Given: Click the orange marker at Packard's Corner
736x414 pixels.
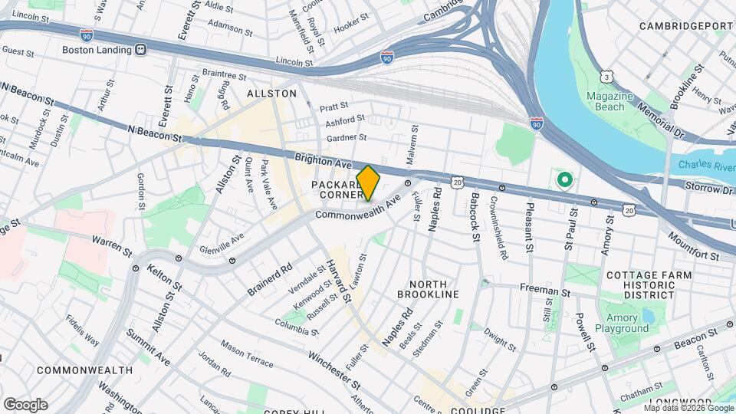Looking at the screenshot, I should click(x=368, y=182).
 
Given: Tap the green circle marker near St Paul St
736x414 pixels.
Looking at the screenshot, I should click(x=565, y=181).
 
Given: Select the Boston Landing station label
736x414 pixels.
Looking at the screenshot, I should click(x=98, y=49).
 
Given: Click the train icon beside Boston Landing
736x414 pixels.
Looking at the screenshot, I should click(x=140, y=49).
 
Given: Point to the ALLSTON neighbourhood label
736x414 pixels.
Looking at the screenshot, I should click(x=271, y=94).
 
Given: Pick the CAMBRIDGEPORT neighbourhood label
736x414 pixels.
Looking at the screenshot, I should click(x=687, y=25).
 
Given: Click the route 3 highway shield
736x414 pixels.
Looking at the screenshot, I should click(x=607, y=77).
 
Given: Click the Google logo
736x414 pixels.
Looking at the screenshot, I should click(x=25, y=404).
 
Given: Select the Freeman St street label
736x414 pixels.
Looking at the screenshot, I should click(x=544, y=291).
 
